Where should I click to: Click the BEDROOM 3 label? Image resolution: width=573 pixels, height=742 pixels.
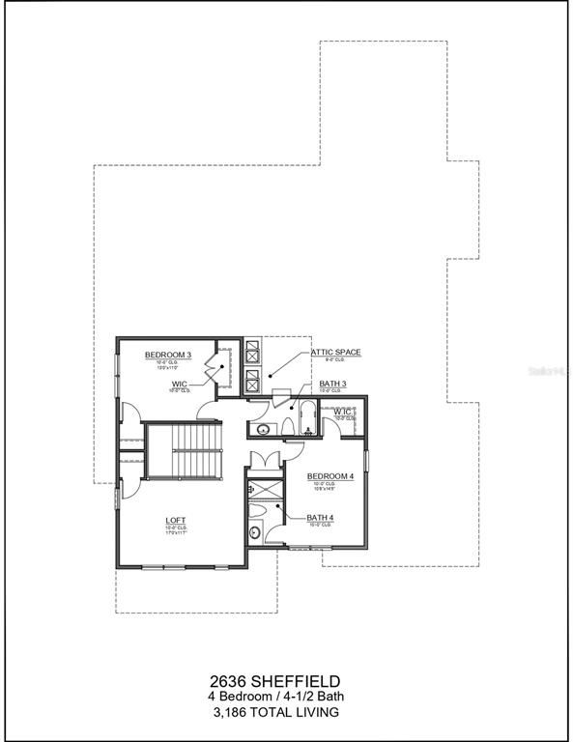[x=168, y=356]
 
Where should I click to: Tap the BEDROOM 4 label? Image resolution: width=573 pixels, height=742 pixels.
[x=330, y=476]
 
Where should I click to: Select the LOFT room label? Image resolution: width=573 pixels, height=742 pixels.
[x=175, y=520]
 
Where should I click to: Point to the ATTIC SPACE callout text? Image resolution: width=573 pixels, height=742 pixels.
[x=335, y=353]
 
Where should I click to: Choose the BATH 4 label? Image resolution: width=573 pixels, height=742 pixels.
[x=320, y=518]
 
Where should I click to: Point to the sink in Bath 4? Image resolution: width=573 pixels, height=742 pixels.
[x=254, y=531]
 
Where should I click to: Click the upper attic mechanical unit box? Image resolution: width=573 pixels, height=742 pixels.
[x=252, y=350]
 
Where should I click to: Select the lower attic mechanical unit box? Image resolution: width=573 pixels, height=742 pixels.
[x=252, y=379]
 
